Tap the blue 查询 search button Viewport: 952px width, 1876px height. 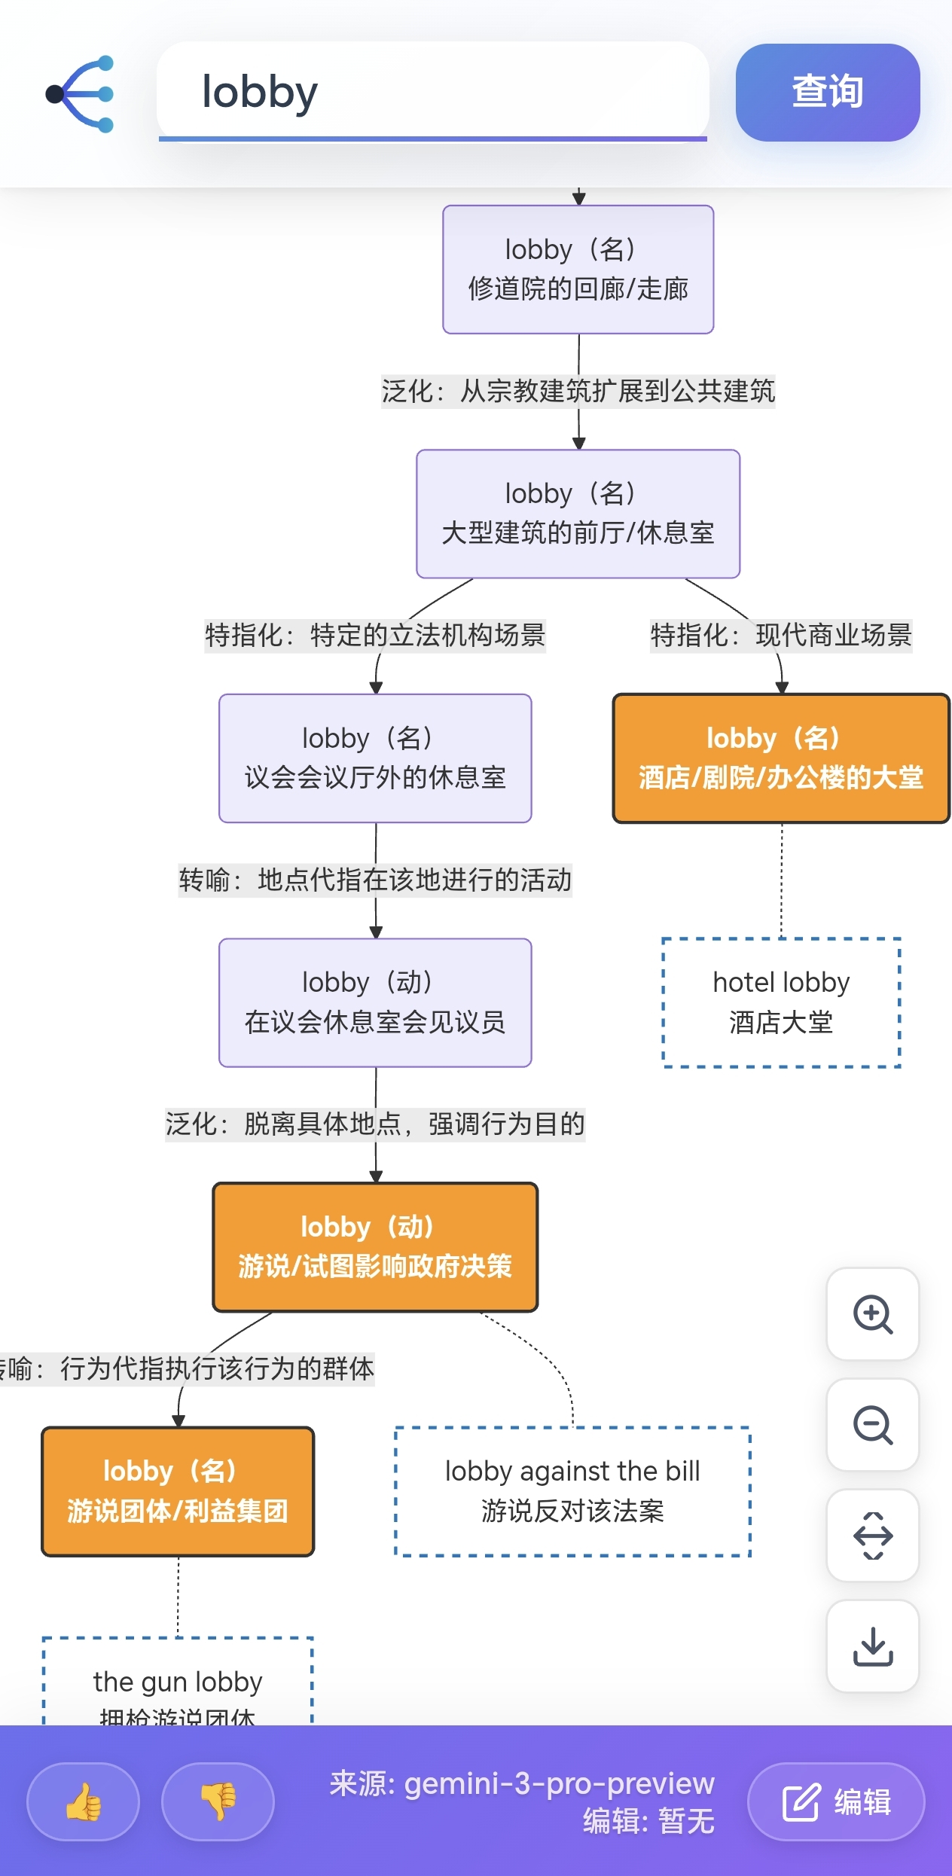(x=827, y=92)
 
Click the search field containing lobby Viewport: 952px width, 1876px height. (x=432, y=92)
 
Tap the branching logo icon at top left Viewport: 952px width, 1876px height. (x=81, y=94)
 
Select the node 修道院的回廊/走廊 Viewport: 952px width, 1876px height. (x=578, y=269)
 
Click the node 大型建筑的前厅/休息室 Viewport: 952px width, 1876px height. (x=578, y=514)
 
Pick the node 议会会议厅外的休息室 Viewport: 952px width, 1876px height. (x=375, y=758)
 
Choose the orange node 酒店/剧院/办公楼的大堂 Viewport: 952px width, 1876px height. (x=780, y=758)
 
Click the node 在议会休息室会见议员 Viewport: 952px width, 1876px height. (x=375, y=1002)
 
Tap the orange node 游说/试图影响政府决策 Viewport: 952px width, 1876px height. (x=375, y=1246)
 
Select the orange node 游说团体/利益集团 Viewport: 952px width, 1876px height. (x=178, y=1491)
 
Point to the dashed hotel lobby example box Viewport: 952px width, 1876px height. (x=781, y=1002)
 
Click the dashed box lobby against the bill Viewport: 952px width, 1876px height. (x=572, y=1491)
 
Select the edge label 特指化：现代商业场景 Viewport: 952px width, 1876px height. (x=780, y=636)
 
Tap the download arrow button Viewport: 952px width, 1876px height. (x=872, y=1646)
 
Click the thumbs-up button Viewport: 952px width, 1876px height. (x=84, y=1801)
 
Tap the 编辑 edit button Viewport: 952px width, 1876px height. (x=836, y=1801)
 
